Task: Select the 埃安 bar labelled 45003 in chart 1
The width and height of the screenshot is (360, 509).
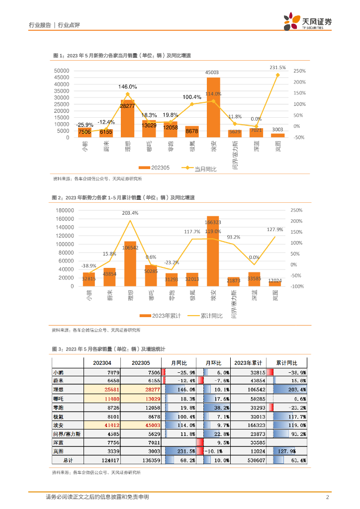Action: [213, 107]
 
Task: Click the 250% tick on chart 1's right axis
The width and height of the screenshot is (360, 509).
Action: [299, 71]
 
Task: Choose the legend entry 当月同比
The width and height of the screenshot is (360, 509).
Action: [201, 169]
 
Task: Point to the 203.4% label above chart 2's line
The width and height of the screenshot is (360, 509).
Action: [130, 213]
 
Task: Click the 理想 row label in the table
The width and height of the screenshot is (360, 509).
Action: [58, 389]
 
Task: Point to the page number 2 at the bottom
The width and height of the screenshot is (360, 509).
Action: [327, 498]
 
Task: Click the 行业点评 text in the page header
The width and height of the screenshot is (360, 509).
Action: [69, 24]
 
